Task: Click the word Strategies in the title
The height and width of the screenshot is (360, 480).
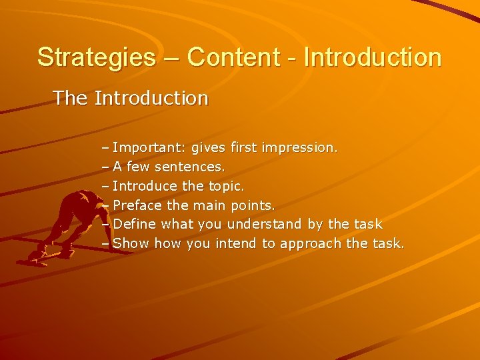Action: [x=95, y=57]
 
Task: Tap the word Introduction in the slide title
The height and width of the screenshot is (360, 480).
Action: [x=372, y=57]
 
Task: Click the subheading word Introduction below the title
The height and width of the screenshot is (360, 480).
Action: [x=151, y=99]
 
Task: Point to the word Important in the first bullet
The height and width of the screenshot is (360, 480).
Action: [x=146, y=147]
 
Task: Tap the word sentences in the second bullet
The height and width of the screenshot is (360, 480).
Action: [x=191, y=166]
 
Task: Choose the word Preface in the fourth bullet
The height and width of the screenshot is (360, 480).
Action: [x=138, y=205]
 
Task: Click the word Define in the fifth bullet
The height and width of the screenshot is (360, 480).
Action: [x=135, y=224]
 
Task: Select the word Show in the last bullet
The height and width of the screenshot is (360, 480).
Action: [x=131, y=243]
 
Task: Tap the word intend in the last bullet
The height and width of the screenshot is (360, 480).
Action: [x=236, y=243]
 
